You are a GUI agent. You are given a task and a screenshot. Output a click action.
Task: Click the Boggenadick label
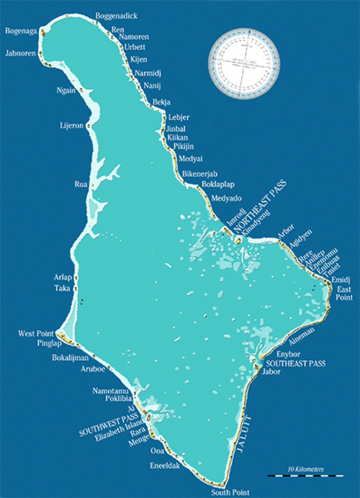coord(117,16)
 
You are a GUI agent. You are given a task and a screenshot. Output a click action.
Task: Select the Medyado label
coord(226,199)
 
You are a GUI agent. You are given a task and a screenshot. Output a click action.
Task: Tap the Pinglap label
coord(51,343)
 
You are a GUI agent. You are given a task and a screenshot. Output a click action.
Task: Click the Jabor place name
coord(271,372)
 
